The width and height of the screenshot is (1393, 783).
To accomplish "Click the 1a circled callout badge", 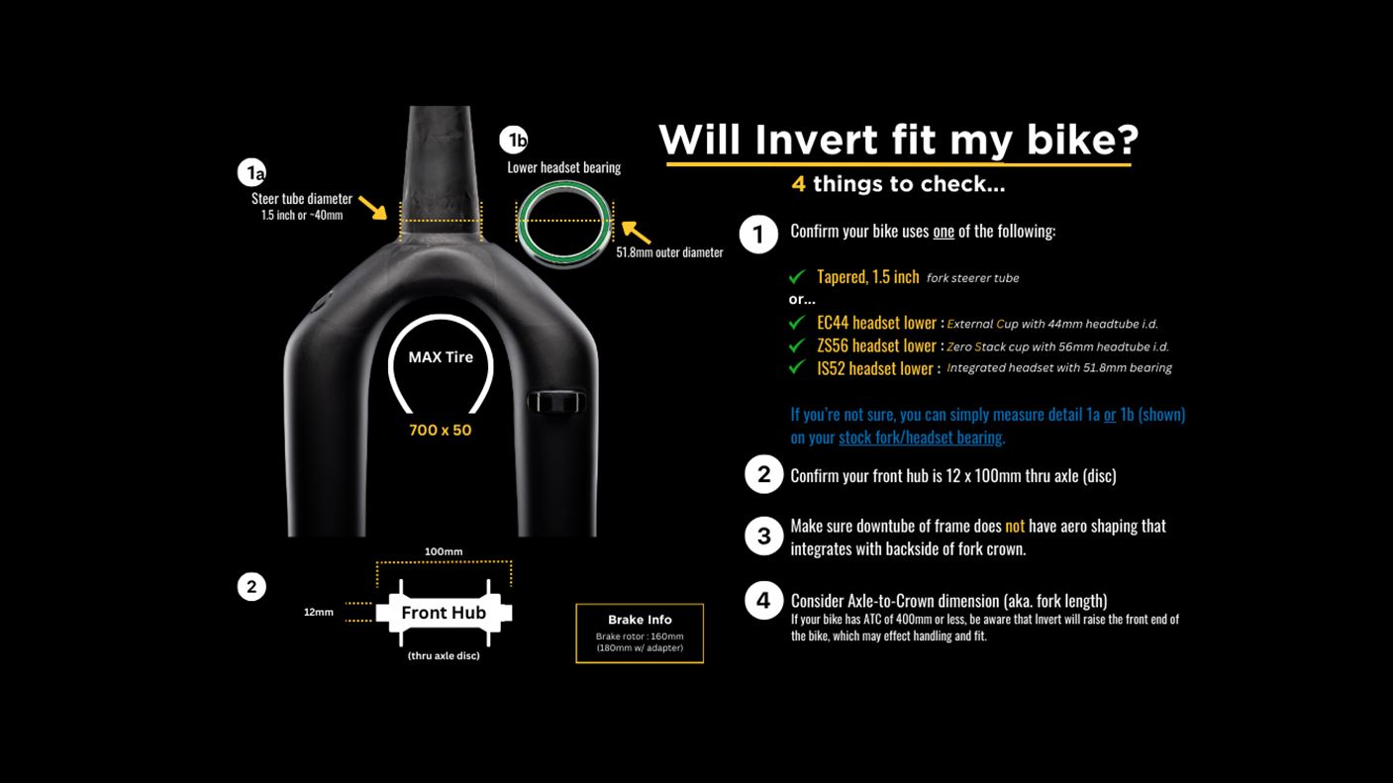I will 252,172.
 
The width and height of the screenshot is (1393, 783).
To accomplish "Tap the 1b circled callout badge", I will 514,140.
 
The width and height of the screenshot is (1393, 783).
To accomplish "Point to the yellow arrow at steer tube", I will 372,207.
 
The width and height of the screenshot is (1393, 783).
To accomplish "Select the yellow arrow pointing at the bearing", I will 636,233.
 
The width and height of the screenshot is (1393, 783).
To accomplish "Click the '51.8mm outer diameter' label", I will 669,252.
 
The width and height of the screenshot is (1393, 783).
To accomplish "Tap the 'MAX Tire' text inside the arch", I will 441,357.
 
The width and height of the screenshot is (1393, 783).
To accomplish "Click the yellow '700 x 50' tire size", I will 441,431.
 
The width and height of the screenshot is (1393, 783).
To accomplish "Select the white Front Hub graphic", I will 444,613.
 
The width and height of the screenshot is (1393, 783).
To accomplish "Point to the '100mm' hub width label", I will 444,551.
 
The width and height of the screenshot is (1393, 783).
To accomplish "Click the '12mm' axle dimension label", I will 318,613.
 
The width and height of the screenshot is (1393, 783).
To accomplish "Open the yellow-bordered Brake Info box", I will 640,634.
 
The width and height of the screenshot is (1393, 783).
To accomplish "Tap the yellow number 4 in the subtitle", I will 798,184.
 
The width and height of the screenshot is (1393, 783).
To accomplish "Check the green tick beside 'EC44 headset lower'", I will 797,323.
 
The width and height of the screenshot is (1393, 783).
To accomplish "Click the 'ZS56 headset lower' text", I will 876,345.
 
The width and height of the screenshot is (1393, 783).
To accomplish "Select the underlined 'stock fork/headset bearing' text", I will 921,437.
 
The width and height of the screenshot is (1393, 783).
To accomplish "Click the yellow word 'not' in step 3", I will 1015,526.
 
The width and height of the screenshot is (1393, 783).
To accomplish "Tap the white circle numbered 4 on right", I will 763,600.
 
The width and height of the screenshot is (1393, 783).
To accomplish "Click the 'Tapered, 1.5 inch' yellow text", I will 867,277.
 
